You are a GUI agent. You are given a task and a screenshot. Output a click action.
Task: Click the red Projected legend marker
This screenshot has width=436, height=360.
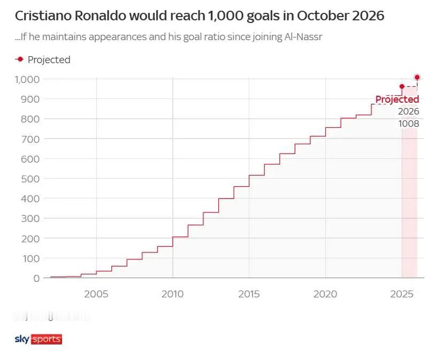pos(20,59)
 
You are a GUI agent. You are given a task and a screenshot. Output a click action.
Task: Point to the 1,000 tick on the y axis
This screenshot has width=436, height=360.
pos(27,79)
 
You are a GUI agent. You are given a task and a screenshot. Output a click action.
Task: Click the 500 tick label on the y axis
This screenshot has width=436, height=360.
pos(30,179)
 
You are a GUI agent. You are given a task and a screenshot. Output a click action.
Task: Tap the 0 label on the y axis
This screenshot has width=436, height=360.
pos(36,278)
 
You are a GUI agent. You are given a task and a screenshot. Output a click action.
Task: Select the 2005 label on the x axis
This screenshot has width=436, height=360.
pos(96,294)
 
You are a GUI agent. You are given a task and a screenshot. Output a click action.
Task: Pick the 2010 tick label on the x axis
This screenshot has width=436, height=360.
pos(172,294)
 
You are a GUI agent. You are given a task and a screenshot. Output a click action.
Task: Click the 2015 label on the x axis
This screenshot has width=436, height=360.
pos(249,294)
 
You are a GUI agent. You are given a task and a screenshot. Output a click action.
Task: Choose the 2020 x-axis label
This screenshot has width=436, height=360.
pos(325,294)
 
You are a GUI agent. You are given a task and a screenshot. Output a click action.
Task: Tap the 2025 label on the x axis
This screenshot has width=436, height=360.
pos(401,294)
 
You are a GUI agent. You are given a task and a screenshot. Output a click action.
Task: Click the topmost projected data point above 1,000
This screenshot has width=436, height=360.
pos(417,77)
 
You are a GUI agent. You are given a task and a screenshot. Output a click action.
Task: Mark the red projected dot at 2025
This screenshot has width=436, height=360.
pos(402,86)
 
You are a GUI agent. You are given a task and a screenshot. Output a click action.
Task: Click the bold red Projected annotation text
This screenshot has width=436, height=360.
pos(397,99)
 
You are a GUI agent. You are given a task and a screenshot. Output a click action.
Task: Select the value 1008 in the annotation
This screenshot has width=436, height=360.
pos(408,124)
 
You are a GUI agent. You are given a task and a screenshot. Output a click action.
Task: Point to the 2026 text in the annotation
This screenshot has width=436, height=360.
pos(408,112)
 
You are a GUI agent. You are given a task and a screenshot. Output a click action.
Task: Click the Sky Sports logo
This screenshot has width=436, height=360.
pos(38,339)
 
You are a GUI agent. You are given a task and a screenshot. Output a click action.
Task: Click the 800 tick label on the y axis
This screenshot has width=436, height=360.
pos(30,119)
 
